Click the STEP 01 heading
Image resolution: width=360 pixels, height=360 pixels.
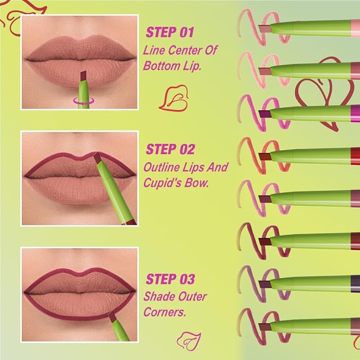pos(169,33)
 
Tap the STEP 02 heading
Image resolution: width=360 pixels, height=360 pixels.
pos(170,149)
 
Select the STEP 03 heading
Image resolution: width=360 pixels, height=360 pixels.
pos(170,279)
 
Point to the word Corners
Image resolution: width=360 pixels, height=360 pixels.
pos(164,313)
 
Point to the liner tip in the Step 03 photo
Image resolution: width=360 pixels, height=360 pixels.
pos(112,317)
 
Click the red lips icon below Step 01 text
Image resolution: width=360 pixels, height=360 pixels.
pos(174,96)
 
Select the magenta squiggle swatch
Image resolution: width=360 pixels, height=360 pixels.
pos(249,111)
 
